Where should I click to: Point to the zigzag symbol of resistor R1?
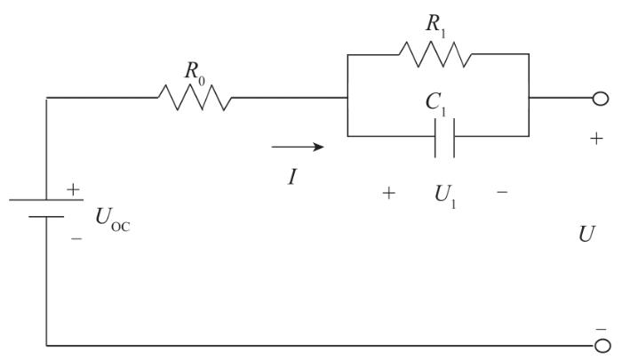pyautogui.click(x=434, y=52)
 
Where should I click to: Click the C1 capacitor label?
pyautogui.click(x=435, y=105)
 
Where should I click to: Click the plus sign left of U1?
pyautogui.click(x=388, y=192)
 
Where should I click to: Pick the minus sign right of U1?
pyautogui.click(x=503, y=192)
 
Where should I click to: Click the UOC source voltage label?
pyautogui.click(x=115, y=219)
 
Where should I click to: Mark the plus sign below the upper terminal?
pyautogui.click(x=595, y=140)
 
